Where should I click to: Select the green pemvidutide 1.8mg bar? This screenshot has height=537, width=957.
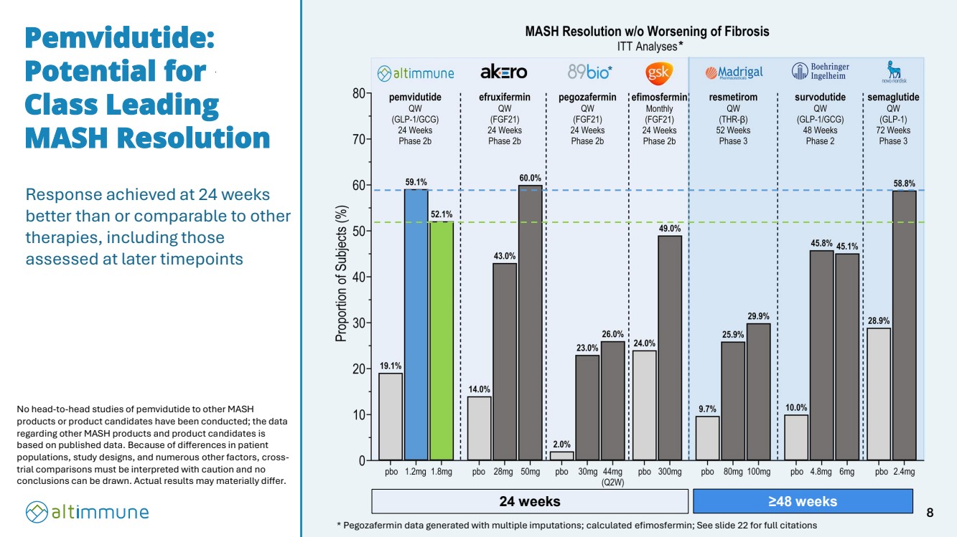[x=442, y=341]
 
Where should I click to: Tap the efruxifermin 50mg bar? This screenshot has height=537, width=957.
[x=530, y=323]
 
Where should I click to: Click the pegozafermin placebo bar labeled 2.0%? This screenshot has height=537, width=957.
[x=562, y=455]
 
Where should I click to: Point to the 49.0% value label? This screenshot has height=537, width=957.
[x=669, y=229]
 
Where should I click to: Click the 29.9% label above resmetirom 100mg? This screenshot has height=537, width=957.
[x=758, y=316]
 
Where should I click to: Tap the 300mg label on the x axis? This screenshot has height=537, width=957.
[x=669, y=472]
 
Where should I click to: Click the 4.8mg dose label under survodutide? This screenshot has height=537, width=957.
[x=821, y=472]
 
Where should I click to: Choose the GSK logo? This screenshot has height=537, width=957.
[x=658, y=72]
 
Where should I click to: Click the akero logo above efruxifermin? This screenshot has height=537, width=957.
[x=503, y=72]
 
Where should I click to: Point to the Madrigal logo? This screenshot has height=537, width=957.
[x=734, y=72]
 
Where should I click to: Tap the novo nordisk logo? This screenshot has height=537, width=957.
[x=894, y=72]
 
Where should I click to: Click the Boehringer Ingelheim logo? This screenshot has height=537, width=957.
[x=819, y=71]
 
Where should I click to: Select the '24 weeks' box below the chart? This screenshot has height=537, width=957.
[x=529, y=501]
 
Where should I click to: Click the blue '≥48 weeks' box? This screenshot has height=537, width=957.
[x=802, y=501]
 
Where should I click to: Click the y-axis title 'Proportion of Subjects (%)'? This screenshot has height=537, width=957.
[x=343, y=275]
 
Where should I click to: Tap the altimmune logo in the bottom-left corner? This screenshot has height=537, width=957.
[x=87, y=511]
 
